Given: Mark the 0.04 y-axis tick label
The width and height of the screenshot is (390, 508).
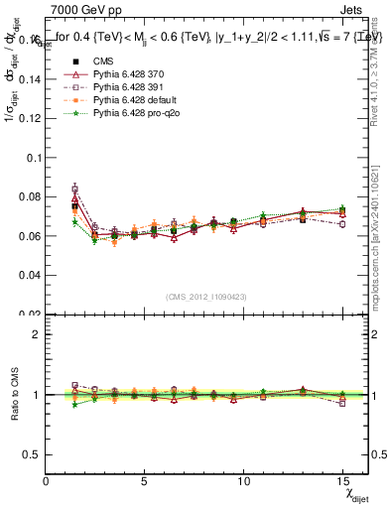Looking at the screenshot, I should pos(30,275).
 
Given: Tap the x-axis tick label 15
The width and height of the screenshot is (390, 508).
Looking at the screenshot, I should pos(341,481).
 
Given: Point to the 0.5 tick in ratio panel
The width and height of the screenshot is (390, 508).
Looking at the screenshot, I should pos(33,454).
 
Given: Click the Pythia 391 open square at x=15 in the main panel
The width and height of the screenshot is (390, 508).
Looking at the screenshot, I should pos(341,224).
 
